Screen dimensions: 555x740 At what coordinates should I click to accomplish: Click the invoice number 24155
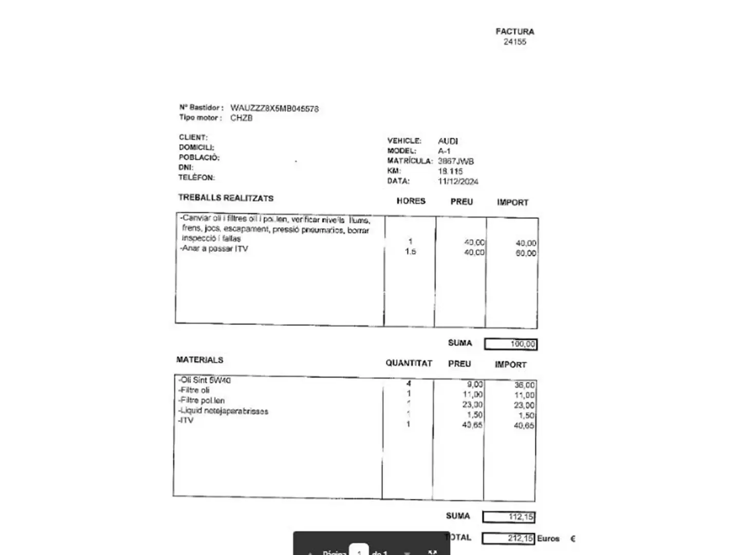514,42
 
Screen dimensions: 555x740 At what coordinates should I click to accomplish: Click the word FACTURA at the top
514,31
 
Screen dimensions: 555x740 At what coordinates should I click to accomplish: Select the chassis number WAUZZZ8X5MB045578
274,108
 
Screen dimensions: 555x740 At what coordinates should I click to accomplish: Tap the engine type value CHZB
241,118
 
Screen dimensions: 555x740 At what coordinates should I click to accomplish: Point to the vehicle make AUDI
448,141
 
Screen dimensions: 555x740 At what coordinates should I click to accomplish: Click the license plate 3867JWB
455,161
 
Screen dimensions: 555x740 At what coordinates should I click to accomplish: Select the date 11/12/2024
458,181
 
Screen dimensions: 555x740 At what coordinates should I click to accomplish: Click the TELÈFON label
196,178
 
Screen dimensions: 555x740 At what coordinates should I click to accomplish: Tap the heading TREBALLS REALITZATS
226,198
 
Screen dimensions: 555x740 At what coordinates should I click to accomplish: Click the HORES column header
411,201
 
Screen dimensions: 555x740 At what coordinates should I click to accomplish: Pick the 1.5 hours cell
410,252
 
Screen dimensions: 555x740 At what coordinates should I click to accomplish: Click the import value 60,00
526,253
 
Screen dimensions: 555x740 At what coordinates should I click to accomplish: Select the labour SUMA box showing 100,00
511,344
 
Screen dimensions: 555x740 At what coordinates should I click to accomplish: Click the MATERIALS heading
199,360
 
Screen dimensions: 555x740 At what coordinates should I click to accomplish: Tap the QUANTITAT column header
409,363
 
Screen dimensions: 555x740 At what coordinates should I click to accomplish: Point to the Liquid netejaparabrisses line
224,411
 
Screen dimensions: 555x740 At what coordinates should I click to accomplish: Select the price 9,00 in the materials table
474,384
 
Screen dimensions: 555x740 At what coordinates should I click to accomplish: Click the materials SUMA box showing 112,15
509,517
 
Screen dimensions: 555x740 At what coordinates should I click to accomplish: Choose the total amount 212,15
508,539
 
